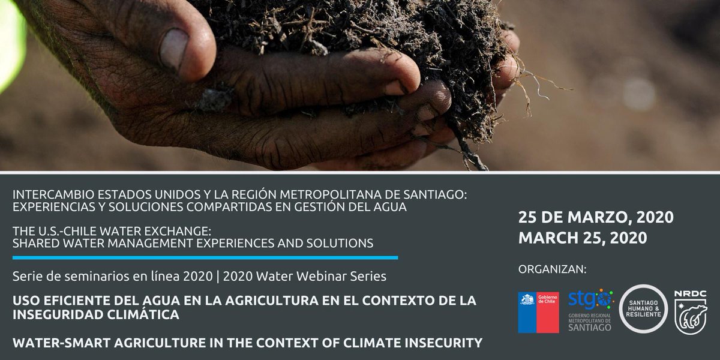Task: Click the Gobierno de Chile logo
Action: [x=538, y=312]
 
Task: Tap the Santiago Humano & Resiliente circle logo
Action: [x=643, y=308]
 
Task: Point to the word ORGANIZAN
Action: [x=552, y=269]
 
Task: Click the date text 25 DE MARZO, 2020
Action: [x=596, y=217]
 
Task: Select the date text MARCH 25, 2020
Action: [x=583, y=238]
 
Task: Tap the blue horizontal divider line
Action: [x=205, y=257]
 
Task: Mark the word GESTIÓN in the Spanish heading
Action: [x=337, y=207]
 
